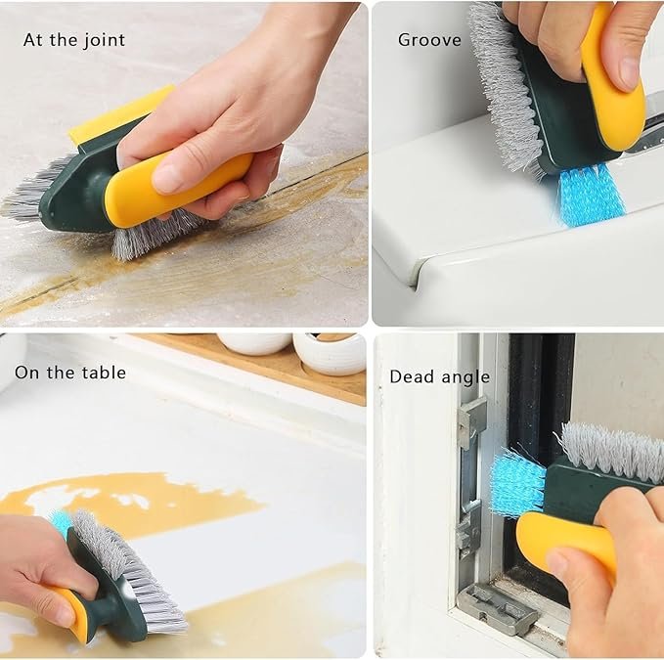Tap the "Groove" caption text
tap(429, 40)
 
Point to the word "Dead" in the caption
tap(410, 376)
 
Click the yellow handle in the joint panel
tap(178, 189)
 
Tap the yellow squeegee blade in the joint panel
tap(119, 114)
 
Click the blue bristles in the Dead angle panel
tap(517, 484)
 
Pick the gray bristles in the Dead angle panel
tap(612, 452)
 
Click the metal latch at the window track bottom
tap(498, 608)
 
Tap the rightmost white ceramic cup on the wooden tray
tap(330, 353)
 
